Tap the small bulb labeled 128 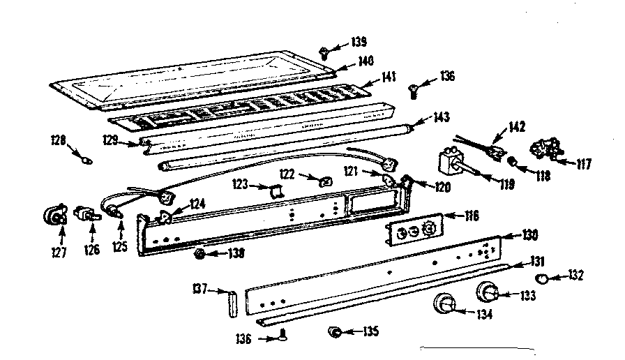click(x=86, y=160)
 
